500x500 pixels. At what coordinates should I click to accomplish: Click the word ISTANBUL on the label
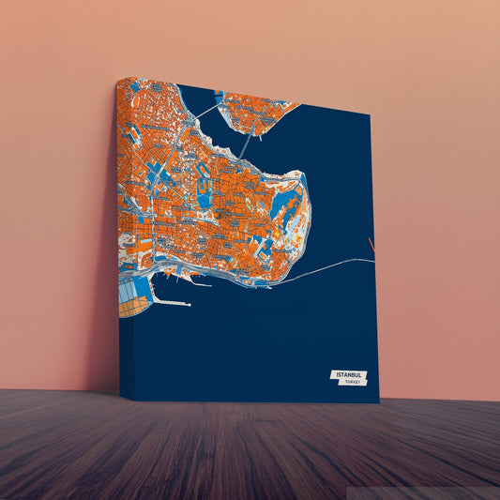[348, 374]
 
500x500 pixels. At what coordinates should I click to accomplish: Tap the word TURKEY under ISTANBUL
[352, 382]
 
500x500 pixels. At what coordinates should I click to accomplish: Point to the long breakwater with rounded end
[171, 302]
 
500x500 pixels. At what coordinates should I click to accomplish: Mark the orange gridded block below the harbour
[133, 304]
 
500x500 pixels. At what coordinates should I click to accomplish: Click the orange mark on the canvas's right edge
[371, 246]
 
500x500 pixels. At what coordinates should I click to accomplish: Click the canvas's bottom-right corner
[379, 402]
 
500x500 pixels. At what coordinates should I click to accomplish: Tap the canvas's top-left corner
[117, 80]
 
